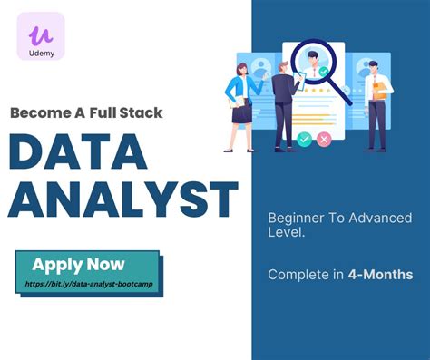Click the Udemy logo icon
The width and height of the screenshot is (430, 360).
coord(40,36)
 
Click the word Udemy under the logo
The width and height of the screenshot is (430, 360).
coord(41,54)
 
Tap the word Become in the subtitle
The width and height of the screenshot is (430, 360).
coord(40,112)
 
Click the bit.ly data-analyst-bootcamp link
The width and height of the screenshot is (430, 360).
coord(86,284)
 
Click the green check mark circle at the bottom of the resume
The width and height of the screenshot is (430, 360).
coord(304,139)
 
